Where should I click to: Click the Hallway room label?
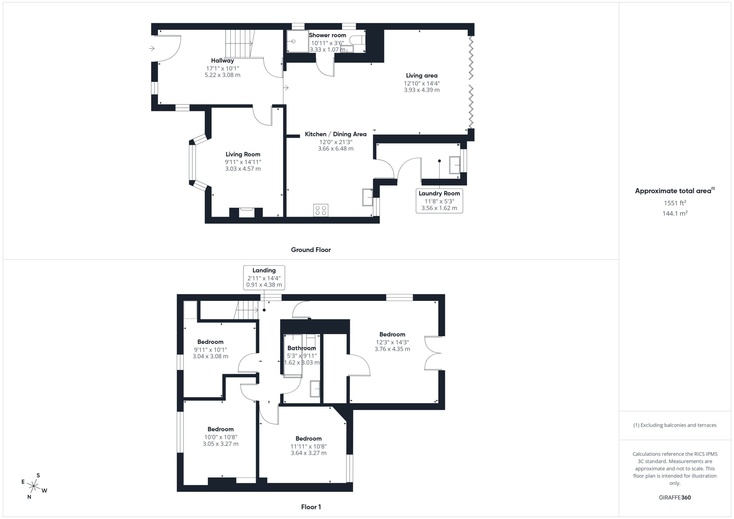(x=222, y=60)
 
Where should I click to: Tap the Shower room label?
(x=327, y=35)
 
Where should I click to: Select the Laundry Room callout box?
(x=439, y=201)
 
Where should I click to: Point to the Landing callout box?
(x=264, y=277)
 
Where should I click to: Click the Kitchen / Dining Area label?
(x=336, y=134)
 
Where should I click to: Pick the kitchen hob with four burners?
(x=321, y=210)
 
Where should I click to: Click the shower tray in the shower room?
(x=297, y=41)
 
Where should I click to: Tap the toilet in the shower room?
(x=357, y=40)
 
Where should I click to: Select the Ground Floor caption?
(x=311, y=250)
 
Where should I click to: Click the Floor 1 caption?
(x=311, y=507)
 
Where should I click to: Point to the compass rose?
(x=34, y=486)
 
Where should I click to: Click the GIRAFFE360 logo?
(x=675, y=497)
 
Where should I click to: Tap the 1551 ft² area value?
(x=675, y=203)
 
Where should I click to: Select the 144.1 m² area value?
(x=675, y=213)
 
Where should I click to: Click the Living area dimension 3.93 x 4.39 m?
(x=422, y=90)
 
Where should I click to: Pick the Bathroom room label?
(x=301, y=348)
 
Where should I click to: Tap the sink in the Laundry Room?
(x=455, y=165)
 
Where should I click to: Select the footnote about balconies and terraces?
(x=675, y=425)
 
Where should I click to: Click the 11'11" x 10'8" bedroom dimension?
(x=309, y=446)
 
